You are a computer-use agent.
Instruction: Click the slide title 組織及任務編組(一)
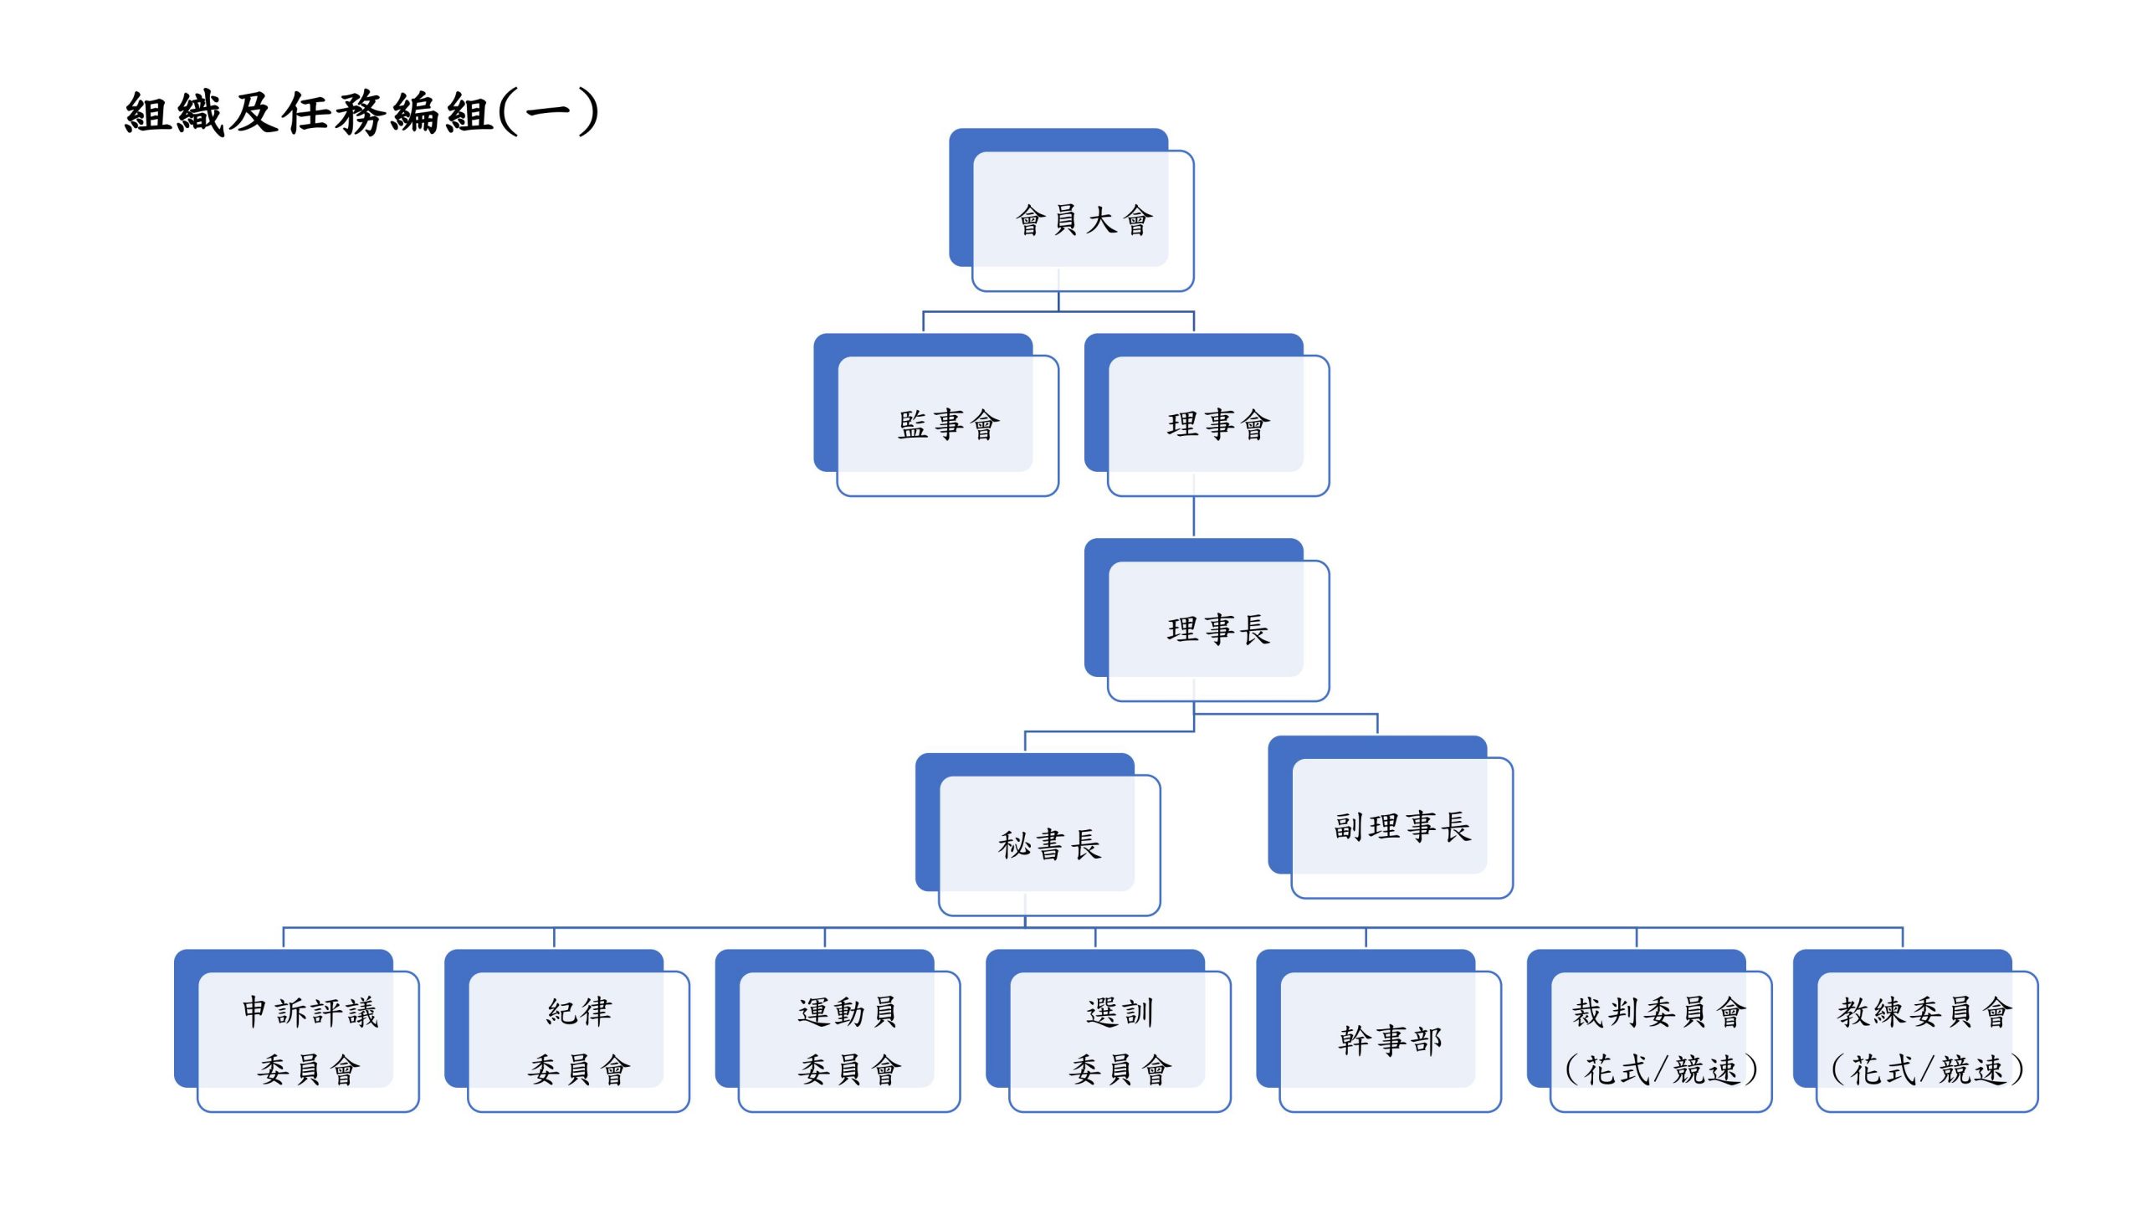click(361, 113)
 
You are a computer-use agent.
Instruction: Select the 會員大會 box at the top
click(1083, 220)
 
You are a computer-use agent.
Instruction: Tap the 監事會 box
click(947, 424)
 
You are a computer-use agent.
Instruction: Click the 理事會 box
click(1217, 424)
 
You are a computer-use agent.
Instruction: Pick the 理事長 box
click(1217, 629)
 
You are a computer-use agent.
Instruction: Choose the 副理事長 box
click(1402, 827)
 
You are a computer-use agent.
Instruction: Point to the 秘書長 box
click(1048, 844)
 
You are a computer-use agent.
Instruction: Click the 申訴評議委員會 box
click(308, 1040)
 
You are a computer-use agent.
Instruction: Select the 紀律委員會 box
click(578, 1040)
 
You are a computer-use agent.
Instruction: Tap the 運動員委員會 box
click(848, 1040)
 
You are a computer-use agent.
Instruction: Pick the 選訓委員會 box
click(1120, 1040)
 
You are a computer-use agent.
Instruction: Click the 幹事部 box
click(1390, 1040)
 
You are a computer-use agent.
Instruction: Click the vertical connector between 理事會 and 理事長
click(1193, 516)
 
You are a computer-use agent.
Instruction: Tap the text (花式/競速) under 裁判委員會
click(1660, 1069)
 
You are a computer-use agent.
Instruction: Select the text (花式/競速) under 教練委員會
click(1926, 1069)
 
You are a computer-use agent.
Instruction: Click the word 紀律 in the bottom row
click(579, 1012)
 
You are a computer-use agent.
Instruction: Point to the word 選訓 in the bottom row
click(1120, 1013)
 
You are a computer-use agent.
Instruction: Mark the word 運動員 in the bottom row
click(848, 1012)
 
